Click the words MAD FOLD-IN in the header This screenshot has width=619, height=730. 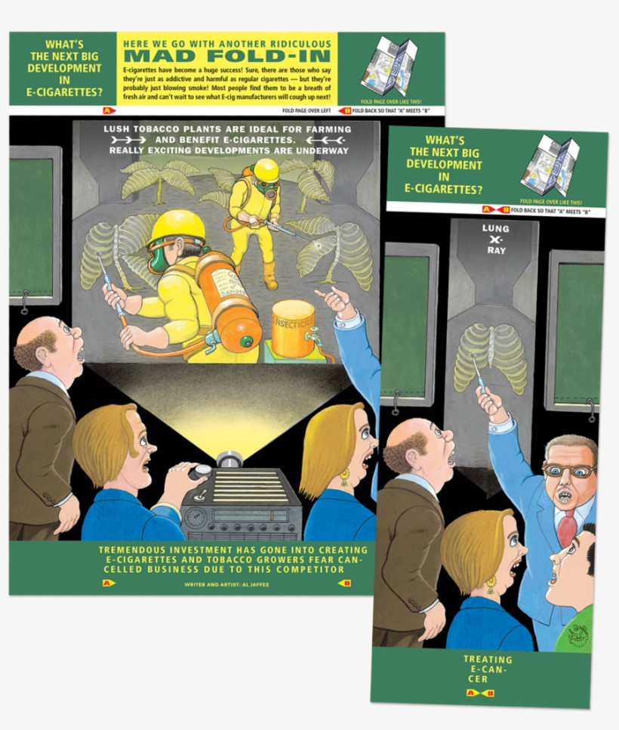(226, 56)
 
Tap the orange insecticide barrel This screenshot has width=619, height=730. (293, 329)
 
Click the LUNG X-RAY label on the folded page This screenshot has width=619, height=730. (496, 239)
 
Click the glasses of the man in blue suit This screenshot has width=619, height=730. (568, 469)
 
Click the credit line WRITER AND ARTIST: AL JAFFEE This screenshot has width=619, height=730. (226, 584)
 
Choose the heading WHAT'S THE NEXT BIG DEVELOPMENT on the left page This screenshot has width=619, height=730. (63, 68)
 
